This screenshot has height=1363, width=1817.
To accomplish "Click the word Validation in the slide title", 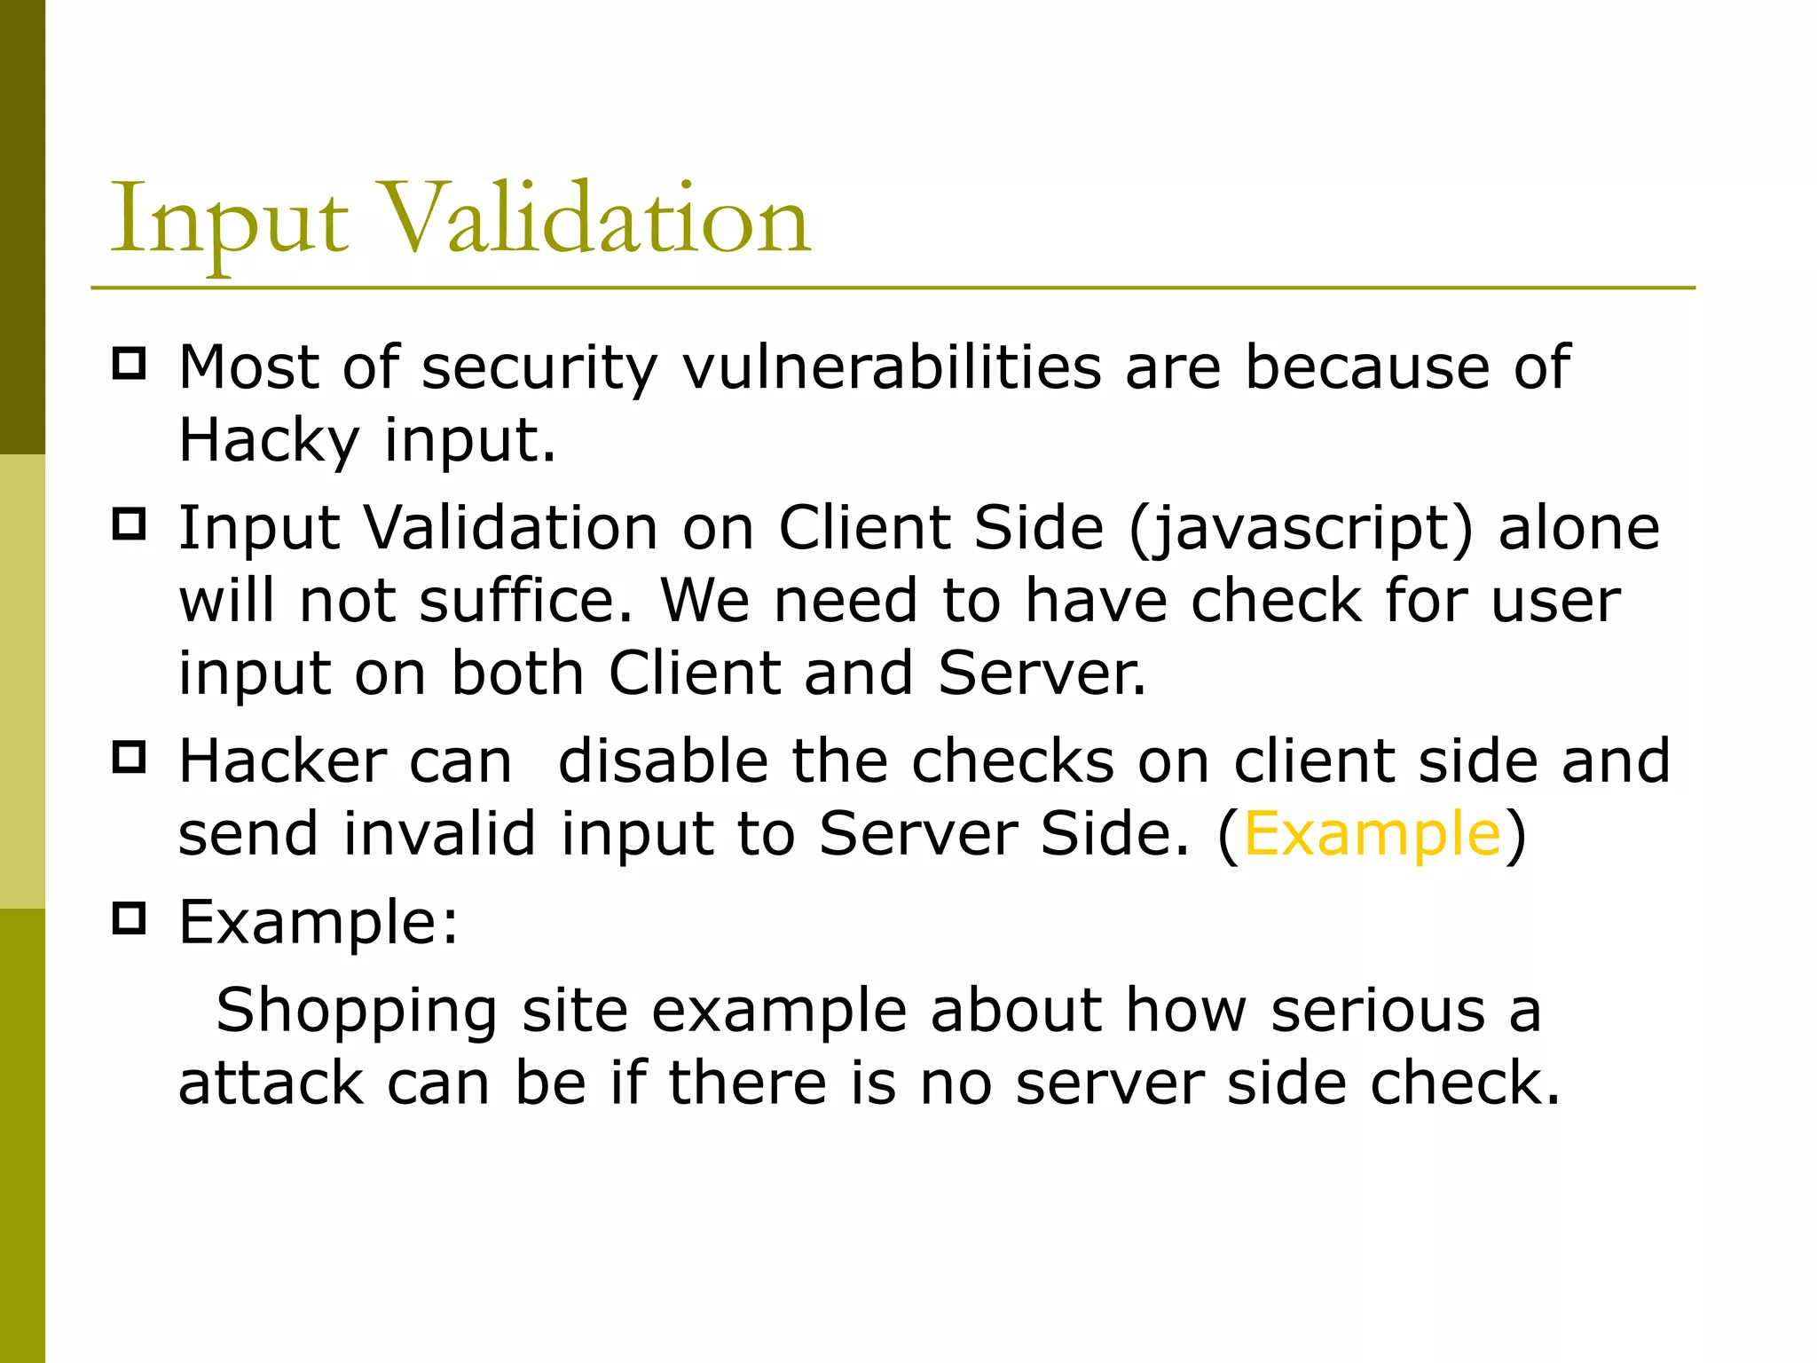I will [599, 218].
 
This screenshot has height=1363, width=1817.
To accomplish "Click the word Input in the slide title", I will [229, 220].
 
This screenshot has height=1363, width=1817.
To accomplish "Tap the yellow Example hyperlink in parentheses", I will [1373, 834].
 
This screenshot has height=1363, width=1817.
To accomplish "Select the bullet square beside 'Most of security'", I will [130, 364].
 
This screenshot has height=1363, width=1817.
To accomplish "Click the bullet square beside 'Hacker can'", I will [130, 758].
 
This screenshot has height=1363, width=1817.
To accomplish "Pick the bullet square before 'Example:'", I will [130, 918].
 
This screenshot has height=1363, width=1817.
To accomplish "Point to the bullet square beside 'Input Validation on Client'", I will [130, 524].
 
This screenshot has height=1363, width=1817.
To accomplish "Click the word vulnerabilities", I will [892, 366].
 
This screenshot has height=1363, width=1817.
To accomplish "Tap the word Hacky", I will [269, 440].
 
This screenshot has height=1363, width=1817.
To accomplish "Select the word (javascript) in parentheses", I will [1302, 529].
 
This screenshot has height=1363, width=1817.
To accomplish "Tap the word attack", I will [271, 1083].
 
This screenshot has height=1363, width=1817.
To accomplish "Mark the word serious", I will [1378, 1012].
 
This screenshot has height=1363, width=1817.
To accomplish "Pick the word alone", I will [1579, 528].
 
